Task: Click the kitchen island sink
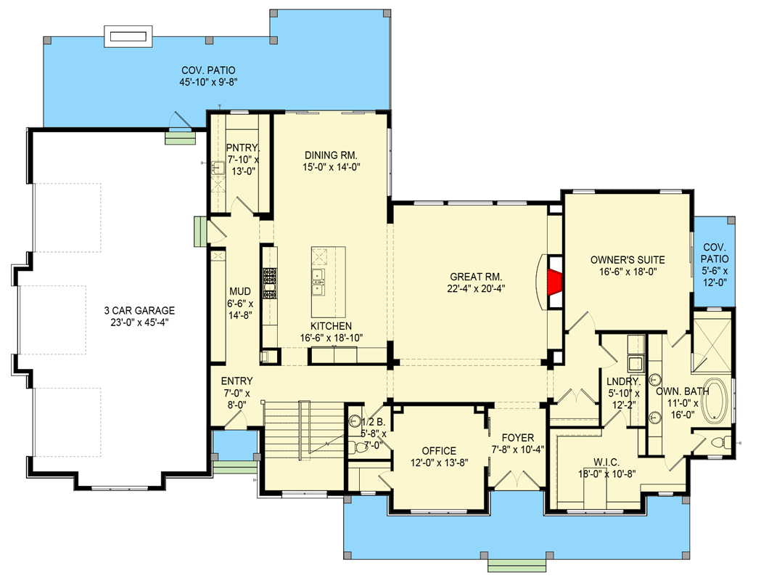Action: point(318,277)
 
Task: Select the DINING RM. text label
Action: point(331,155)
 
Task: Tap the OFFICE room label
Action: point(438,451)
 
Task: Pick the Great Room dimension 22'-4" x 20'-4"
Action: point(476,288)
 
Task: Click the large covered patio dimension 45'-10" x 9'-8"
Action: point(209,82)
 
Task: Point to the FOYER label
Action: point(517,438)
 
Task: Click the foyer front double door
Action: point(517,481)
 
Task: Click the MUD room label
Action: point(240,293)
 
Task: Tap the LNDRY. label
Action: point(623,381)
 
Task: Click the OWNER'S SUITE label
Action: point(627,259)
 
